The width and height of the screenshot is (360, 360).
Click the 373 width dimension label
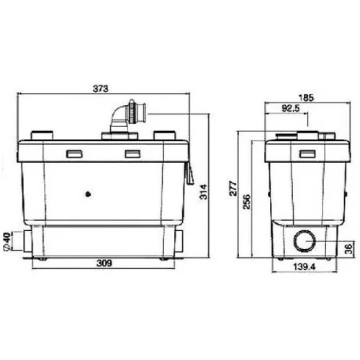[x=101, y=89]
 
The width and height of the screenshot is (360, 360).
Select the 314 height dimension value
[x=204, y=192]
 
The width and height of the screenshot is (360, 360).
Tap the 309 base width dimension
[x=104, y=264]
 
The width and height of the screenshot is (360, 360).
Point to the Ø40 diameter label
[x=7, y=241]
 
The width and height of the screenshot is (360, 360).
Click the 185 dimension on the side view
[x=306, y=98]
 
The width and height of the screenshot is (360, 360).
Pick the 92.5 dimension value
[x=291, y=109]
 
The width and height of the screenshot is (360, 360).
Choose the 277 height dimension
[x=233, y=189]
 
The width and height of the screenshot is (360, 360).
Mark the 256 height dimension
[x=246, y=202]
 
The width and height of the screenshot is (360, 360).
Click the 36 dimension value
[x=349, y=248]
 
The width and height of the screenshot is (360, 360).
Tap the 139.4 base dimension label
[x=305, y=266]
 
